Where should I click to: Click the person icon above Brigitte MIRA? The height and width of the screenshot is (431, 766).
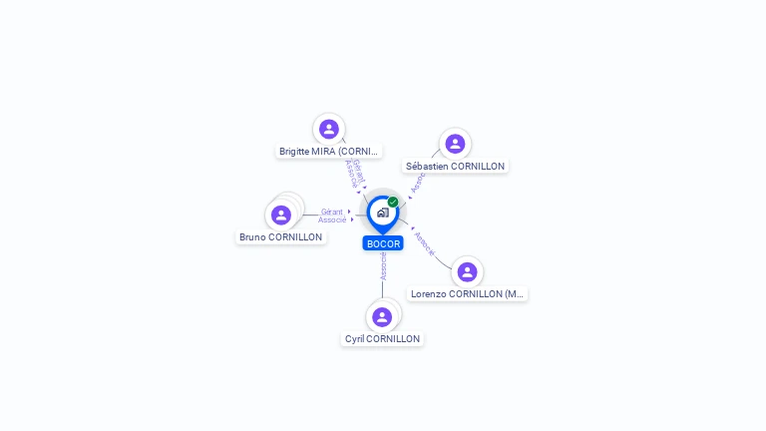point(329,129)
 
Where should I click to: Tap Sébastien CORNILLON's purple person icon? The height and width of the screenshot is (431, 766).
point(455,144)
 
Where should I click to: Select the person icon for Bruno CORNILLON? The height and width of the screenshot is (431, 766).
point(281,215)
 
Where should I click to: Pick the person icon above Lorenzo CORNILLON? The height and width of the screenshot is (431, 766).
point(467,271)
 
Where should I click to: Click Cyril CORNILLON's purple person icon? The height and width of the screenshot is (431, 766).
point(382,317)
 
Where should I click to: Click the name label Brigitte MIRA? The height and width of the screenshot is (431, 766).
point(329,152)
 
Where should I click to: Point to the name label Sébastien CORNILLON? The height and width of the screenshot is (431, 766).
point(455,166)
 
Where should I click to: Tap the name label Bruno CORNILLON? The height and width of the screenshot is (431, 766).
point(281,237)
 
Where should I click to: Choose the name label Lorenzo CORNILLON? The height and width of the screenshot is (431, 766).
point(467,294)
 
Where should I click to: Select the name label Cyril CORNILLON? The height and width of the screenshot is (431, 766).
point(382,339)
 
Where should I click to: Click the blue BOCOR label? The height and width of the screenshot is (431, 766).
point(383,243)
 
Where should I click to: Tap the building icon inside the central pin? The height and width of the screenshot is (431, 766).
point(382,213)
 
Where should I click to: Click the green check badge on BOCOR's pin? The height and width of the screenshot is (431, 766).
point(393,203)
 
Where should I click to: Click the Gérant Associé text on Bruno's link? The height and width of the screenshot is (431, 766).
point(332,215)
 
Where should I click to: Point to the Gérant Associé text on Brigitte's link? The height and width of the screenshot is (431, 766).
point(354,173)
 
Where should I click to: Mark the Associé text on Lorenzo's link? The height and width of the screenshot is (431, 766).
point(424,244)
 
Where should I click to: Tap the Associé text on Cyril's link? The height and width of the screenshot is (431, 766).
point(383,265)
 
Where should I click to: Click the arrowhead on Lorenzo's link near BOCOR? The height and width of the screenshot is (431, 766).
point(412,228)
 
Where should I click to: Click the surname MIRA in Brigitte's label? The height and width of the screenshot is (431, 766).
point(323,152)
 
